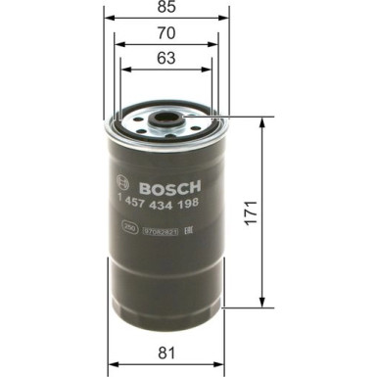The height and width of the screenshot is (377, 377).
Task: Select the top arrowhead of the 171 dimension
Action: (x=262, y=121)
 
